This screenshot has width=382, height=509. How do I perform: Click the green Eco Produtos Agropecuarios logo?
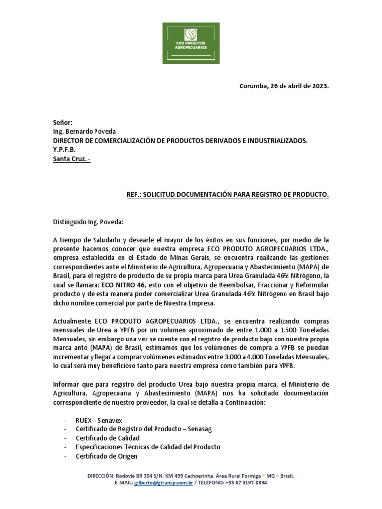(x=191, y=42)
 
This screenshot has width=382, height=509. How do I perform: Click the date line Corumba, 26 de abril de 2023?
(x=284, y=86)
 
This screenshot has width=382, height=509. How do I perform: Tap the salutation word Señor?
(x=63, y=122)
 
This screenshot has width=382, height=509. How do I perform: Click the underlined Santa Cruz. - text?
(x=72, y=159)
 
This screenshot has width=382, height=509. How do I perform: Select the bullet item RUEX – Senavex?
(x=100, y=420)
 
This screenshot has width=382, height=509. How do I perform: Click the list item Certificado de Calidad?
(x=107, y=438)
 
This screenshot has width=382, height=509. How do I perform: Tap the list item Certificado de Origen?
(x=106, y=456)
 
